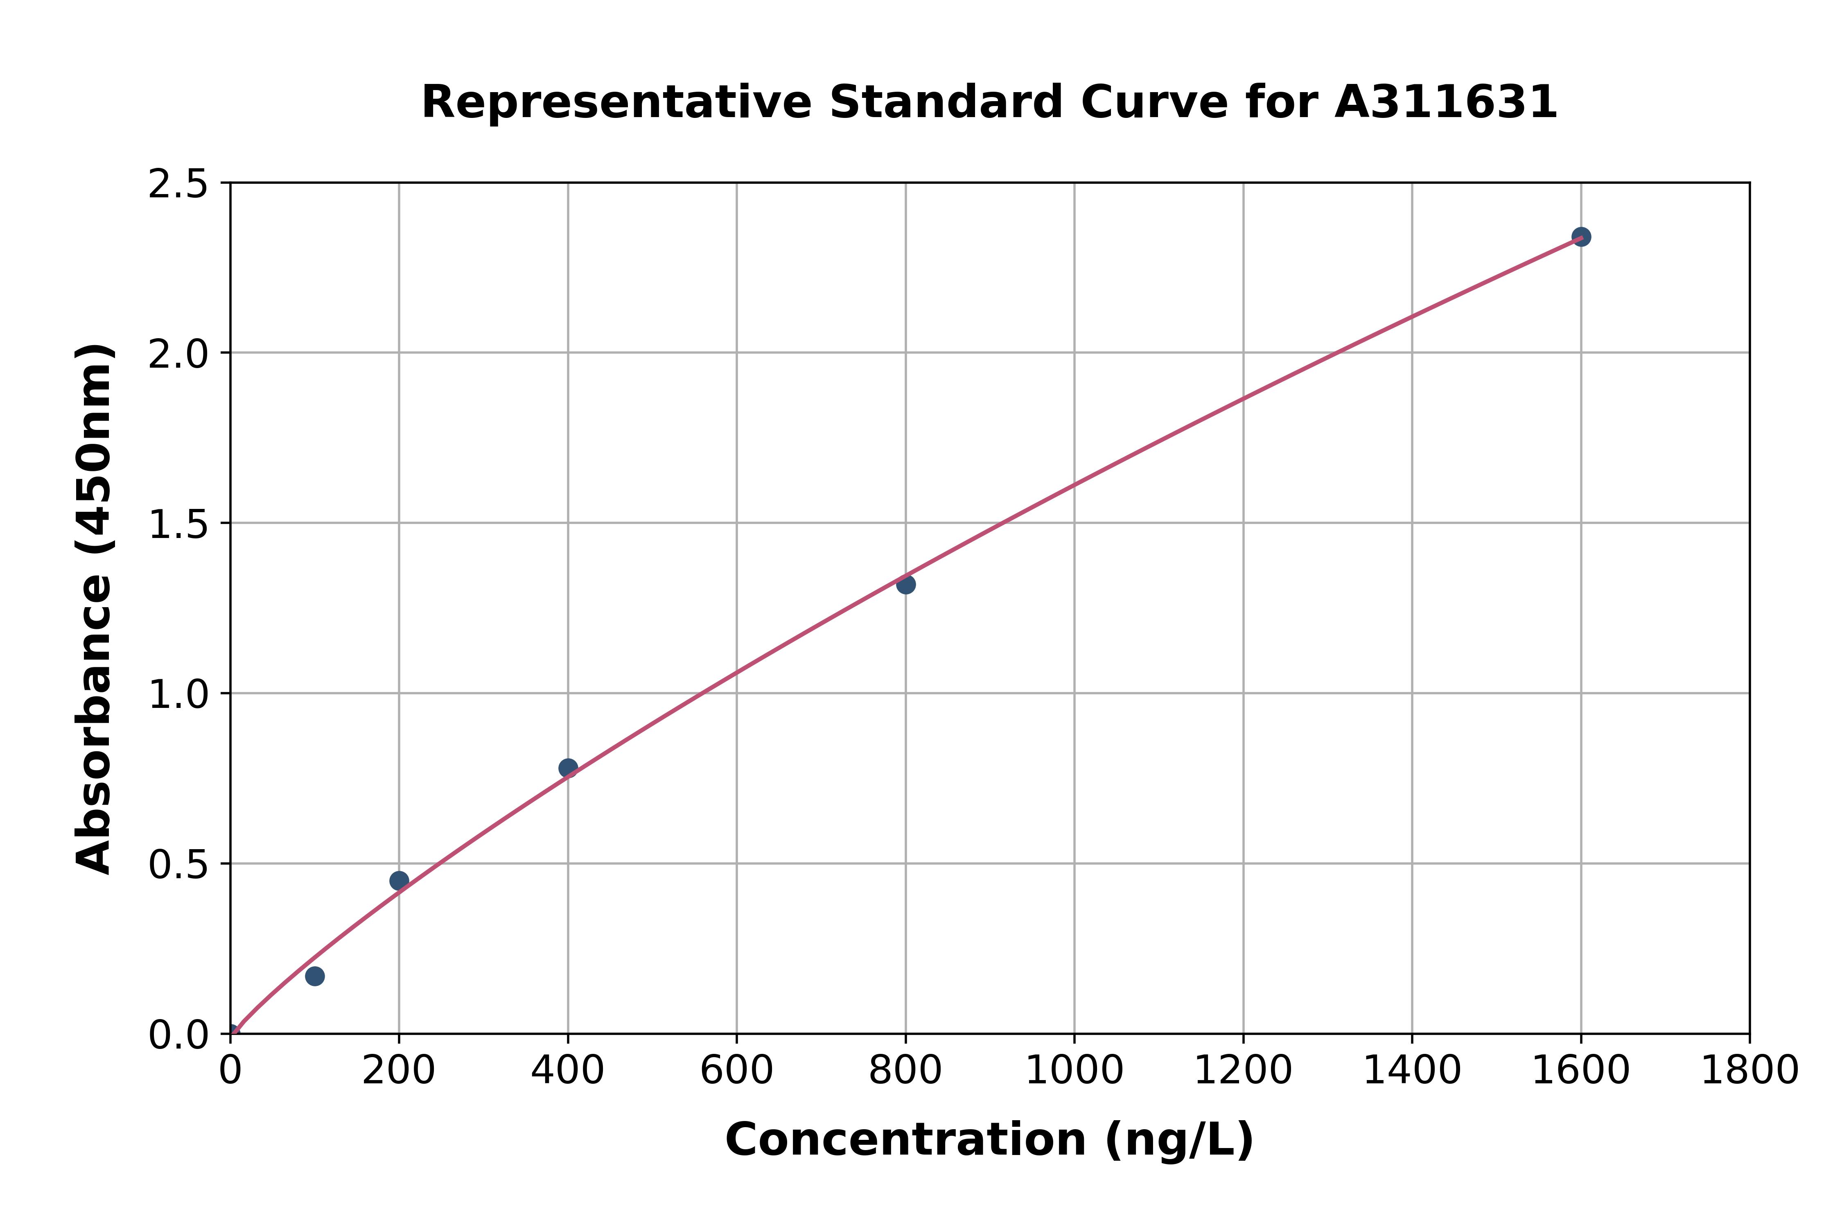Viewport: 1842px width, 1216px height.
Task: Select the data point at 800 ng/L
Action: (905, 584)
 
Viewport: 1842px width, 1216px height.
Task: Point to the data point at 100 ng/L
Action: (315, 976)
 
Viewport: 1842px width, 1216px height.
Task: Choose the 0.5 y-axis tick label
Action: (178, 865)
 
